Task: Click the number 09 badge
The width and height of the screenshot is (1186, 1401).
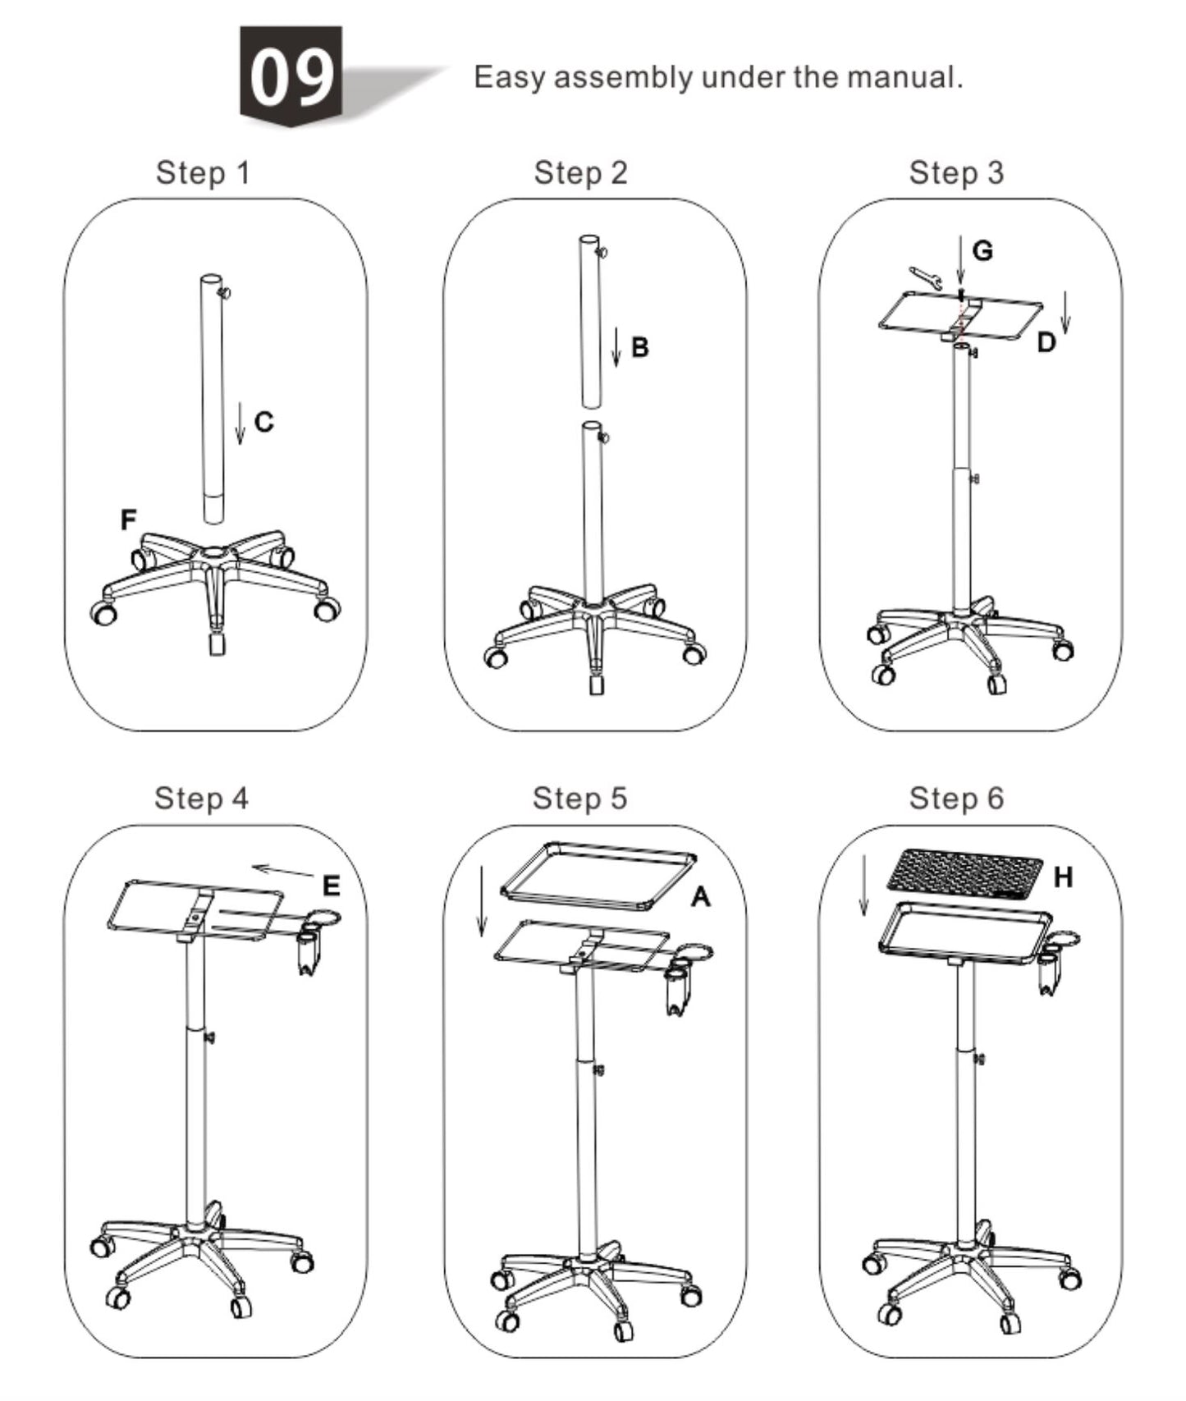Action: (291, 76)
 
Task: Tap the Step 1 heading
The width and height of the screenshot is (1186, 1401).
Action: (203, 173)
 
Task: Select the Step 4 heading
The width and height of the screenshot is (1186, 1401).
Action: (201, 798)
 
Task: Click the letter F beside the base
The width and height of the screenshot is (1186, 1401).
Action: (128, 520)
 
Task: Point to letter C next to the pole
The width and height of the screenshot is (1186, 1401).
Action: (263, 422)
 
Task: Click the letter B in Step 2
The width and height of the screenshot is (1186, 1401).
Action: (640, 347)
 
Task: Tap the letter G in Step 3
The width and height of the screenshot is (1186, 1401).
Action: (982, 250)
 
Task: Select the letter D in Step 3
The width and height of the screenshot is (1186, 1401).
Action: (1045, 342)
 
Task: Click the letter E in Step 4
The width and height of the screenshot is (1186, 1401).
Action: (331, 886)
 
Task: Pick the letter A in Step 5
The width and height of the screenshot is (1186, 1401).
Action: (699, 897)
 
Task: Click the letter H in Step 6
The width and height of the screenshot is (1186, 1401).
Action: (1063, 877)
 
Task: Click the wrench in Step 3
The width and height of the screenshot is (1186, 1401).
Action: (924, 277)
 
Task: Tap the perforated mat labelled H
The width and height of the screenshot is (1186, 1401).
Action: (965, 872)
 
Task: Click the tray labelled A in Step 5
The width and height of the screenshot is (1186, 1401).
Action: (599, 877)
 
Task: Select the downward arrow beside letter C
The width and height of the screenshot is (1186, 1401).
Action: (240, 423)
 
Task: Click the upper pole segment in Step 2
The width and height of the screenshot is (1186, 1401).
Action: (591, 322)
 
